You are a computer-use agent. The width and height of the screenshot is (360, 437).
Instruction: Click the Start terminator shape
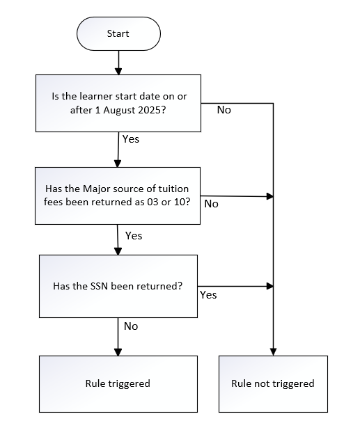point(118,33)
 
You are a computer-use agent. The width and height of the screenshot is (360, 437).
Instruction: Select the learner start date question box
point(118,103)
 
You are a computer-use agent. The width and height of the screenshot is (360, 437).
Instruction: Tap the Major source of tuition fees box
point(118,196)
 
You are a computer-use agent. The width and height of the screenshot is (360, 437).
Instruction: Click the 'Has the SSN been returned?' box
point(118,286)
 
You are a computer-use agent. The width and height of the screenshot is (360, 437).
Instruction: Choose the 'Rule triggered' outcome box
point(118,384)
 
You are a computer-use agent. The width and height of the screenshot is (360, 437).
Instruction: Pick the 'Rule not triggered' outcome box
point(273,384)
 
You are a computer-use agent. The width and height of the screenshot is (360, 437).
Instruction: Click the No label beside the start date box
point(224,110)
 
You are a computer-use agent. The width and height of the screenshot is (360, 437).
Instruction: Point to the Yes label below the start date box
point(131,138)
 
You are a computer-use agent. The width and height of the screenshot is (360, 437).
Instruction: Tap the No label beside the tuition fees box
point(212,204)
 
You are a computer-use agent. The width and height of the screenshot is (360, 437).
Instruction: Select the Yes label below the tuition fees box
point(134,236)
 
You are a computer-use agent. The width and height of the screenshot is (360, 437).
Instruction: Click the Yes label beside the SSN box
point(208,295)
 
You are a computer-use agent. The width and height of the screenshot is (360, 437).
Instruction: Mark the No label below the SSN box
point(131,326)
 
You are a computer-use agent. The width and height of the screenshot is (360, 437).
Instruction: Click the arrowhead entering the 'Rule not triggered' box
point(273,352)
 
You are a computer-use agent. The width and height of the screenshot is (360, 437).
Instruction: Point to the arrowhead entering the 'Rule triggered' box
point(118,352)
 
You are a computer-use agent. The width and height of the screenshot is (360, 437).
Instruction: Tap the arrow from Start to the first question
point(118,63)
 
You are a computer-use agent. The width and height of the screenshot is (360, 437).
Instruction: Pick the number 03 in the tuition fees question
point(152,202)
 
